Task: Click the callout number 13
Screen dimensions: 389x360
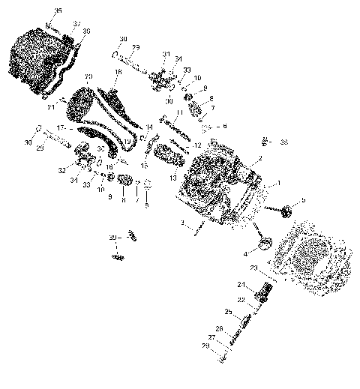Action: point(173,178)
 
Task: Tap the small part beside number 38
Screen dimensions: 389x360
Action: point(265,140)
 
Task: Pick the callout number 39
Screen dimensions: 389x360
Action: point(87,31)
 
